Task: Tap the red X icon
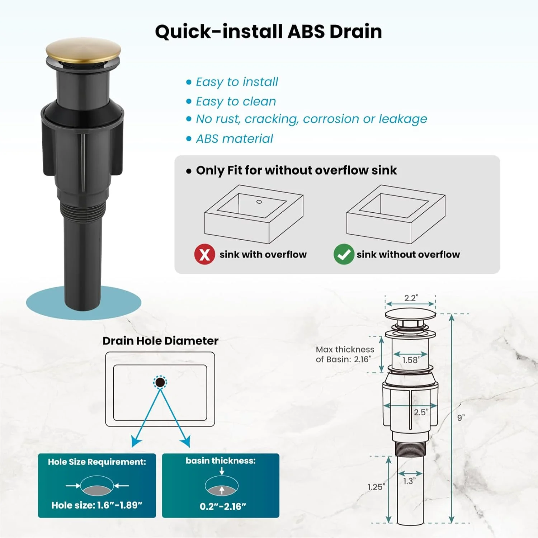pyautogui.click(x=205, y=254)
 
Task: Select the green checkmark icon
pyautogui.click(x=344, y=254)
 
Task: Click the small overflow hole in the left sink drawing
pyautogui.click(x=259, y=202)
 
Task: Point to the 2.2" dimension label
pyautogui.click(x=411, y=298)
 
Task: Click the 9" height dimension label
pyautogui.click(x=461, y=417)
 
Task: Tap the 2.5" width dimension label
pyautogui.click(x=421, y=412)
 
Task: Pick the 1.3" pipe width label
pyautogui.click(x=409, y=481)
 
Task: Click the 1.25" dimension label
pyautogui.click(x=377, y=487)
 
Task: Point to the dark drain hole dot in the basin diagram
pyautogui.click(x=160, y=382)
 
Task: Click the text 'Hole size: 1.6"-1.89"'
pyautogui.click(x=97, y=505)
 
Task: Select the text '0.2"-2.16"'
pyautogui.click(x=223, y=506)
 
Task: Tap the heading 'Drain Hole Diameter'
pyautogui.click(x=160, y=341)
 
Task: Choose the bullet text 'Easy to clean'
pyautogui.click(x=236, y=102)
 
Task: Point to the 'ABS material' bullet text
pyautogui.click(x=235, y=139)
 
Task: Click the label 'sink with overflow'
pyautogui.click(x=263, y=254)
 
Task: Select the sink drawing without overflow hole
pyautogui.click(x=396, y=214)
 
